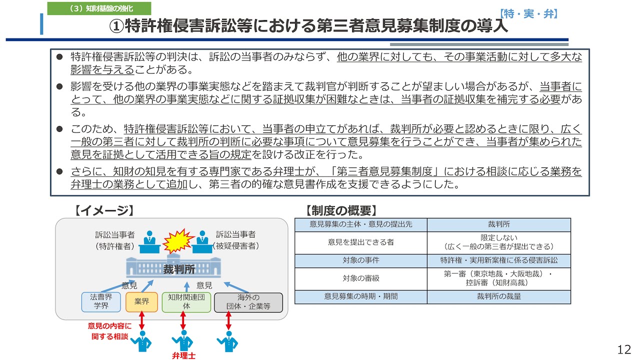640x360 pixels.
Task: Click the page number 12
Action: [x=624, y=349]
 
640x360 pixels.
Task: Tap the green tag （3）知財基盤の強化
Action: [x=92, y=8]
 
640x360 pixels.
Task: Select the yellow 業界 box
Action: [x=141, y=302]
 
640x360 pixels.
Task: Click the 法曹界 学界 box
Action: [x=101, y=302]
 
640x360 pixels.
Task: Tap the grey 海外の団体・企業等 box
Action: [x=248, y=302]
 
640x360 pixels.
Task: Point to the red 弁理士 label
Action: [x=183, y=356]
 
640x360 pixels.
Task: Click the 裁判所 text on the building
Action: [x=179, y=269]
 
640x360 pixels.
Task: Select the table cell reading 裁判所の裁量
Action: [x=498, y=296]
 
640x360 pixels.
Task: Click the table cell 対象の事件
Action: [x=360, y=260]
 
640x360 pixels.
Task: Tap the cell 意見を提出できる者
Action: [x=360, y=242]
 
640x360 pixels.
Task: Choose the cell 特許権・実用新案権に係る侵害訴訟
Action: [x=498, y=260]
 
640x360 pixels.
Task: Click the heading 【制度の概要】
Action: [x=341, y=210]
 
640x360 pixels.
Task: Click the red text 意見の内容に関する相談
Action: [x=109, y=331]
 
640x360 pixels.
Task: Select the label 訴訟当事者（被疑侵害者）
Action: [x=235, y=240]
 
